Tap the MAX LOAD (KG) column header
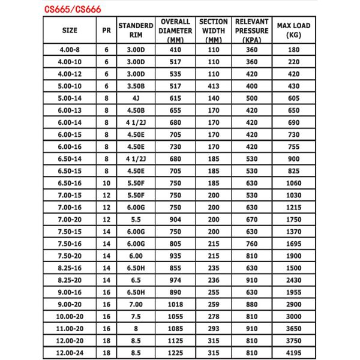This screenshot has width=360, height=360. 294,30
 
